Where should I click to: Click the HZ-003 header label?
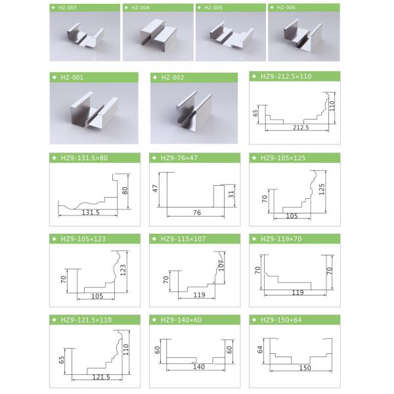(68, 8)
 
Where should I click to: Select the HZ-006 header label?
(286, 8)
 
